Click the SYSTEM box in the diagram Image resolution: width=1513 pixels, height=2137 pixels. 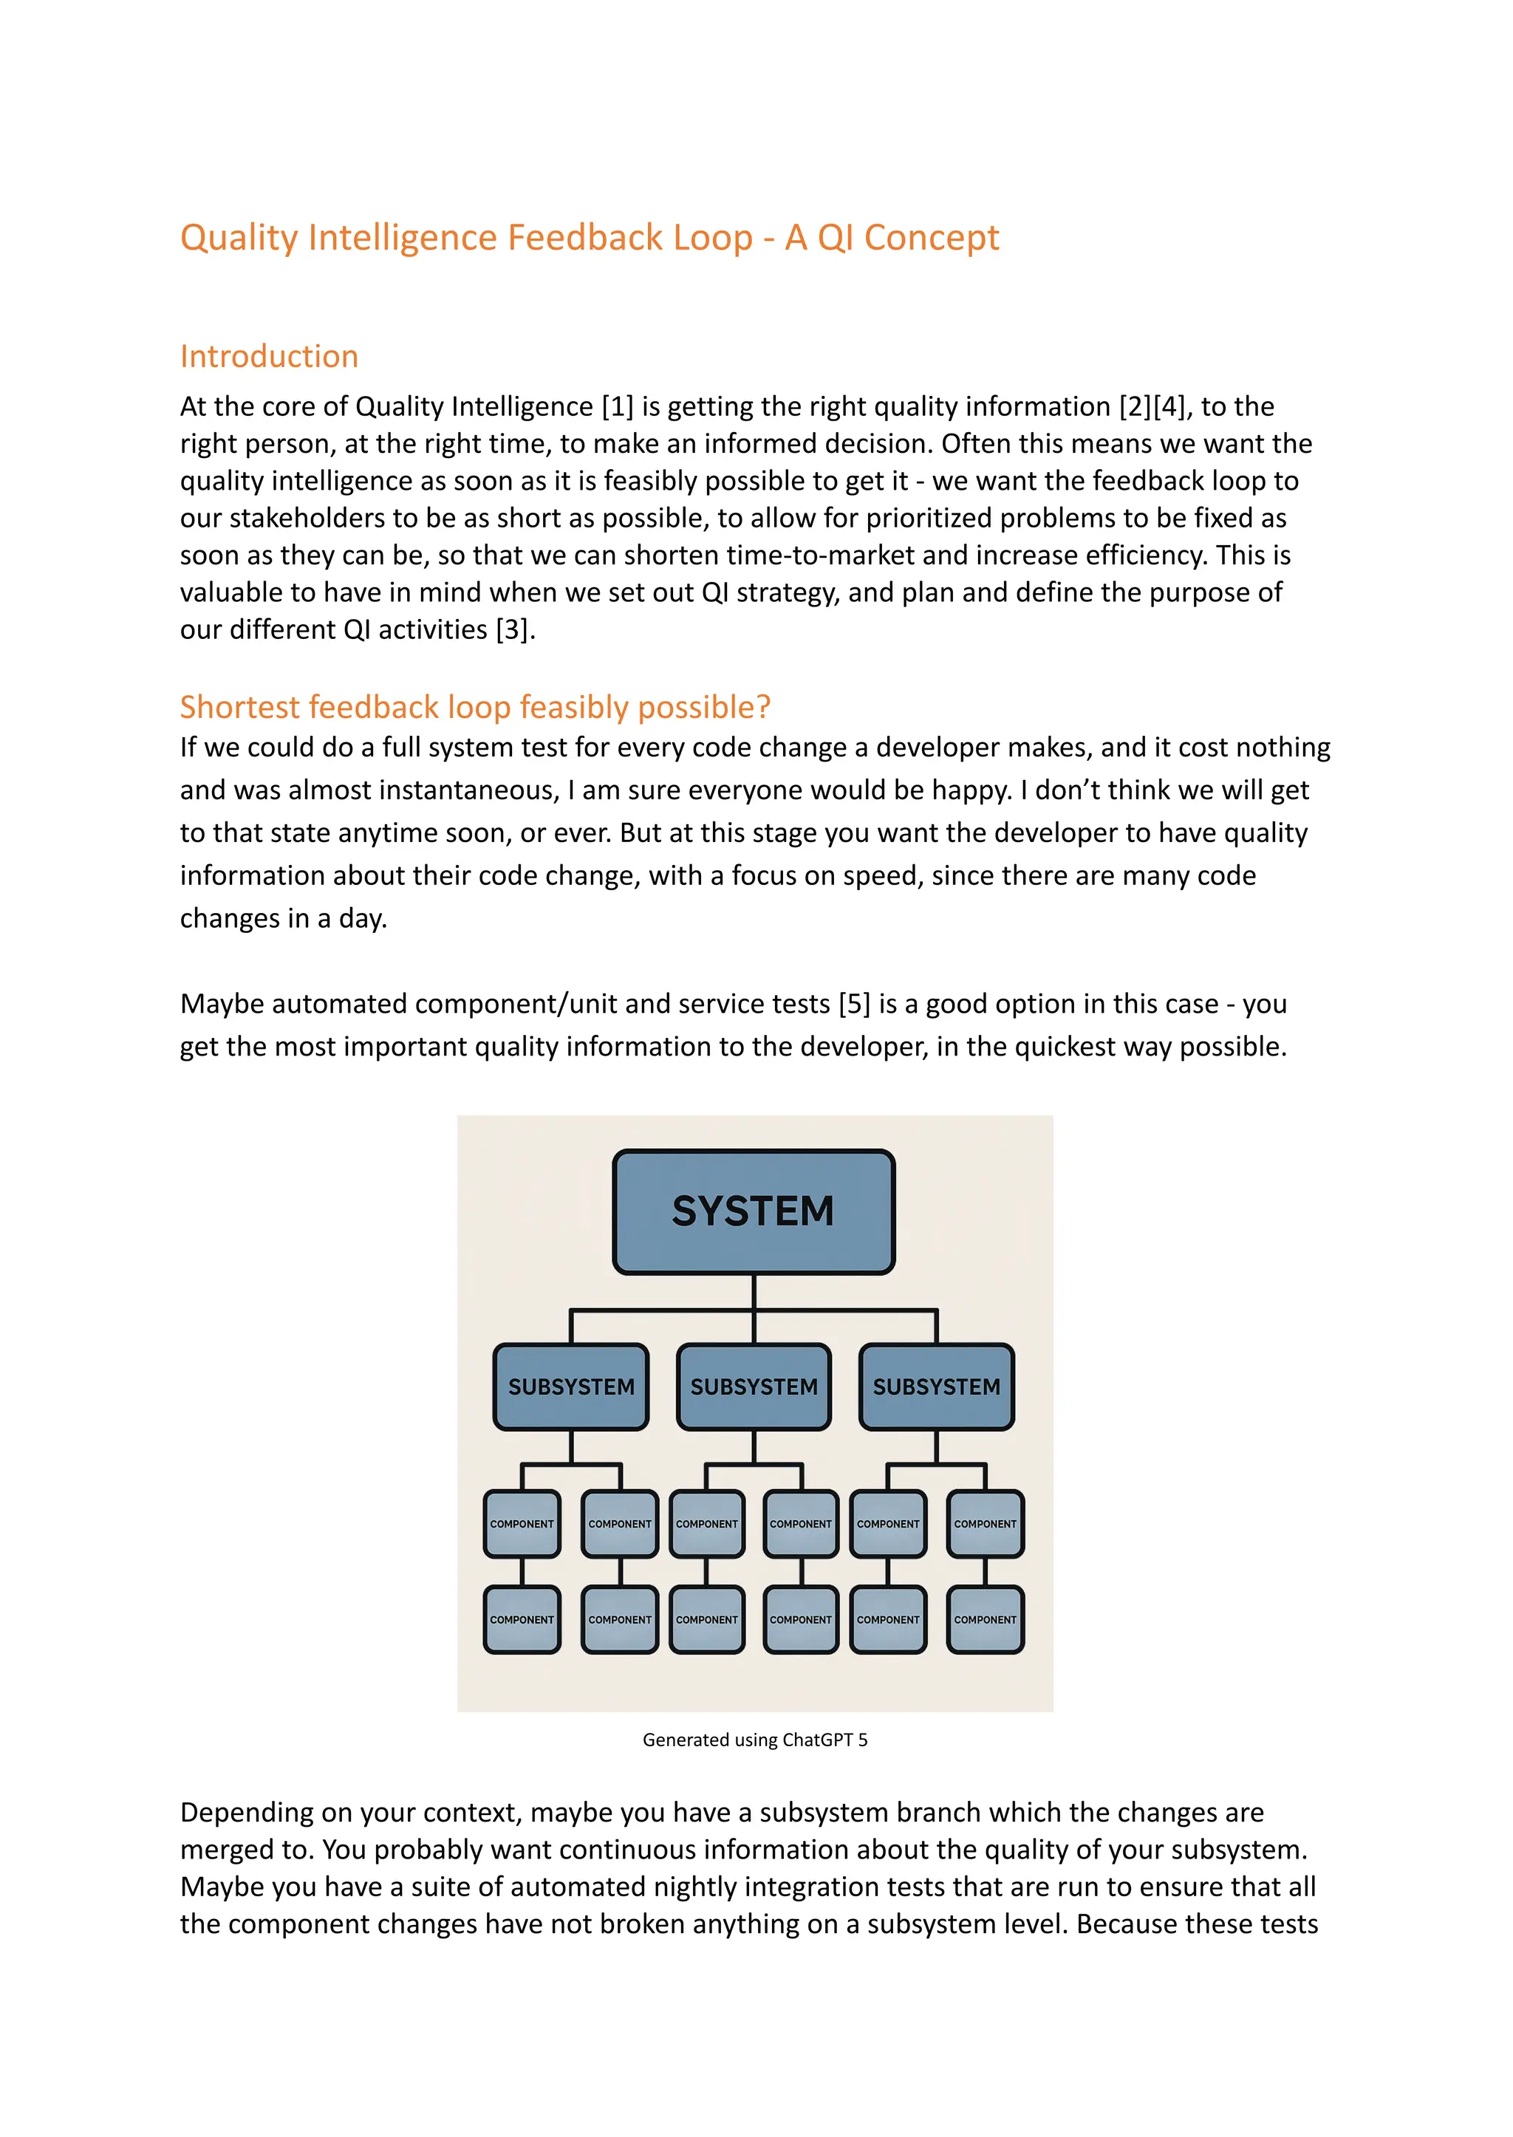[753, 1211]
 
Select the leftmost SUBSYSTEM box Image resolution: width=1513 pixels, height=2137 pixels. [571, 1387]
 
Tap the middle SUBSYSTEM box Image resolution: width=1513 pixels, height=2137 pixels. [754, 1387]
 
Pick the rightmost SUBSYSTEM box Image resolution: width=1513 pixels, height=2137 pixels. [936, 1387]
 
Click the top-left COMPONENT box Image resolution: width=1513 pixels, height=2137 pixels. [522, 1524]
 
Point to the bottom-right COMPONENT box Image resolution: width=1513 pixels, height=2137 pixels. [985, 1620]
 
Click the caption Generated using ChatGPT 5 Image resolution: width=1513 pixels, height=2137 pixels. [754, 1740]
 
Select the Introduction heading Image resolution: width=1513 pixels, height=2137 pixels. [268, 356]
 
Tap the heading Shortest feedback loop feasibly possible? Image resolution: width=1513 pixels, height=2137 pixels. [475, 707]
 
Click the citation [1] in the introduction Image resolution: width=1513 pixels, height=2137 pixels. [618, 407]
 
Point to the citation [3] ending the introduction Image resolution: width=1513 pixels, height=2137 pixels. [513, 630]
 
